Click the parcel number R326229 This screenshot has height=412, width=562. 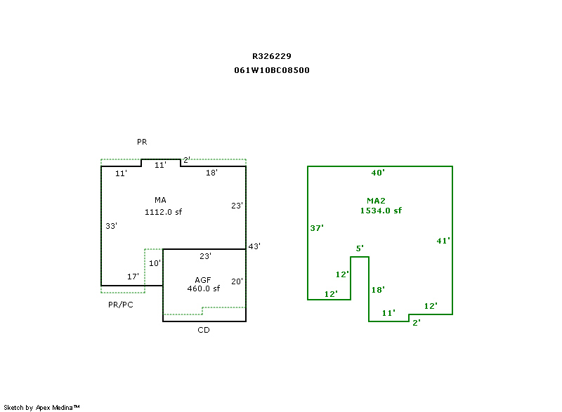tap(272, 56)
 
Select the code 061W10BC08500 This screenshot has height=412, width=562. tap(272, 70)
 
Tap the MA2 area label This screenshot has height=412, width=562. tap(376, 200)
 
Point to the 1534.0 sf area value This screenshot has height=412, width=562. tap(381, 211)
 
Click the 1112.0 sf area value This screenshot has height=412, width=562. tap(164, 211)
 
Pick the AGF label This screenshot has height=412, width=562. tap(203, 279)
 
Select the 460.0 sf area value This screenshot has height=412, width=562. tap(203, 288)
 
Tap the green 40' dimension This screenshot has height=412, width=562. tap(378, 173)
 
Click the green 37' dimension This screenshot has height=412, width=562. tap(316, 228)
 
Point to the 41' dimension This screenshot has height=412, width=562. tap(443, 241)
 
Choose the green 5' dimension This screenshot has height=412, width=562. tap(360, 248)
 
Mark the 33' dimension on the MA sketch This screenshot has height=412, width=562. tap(111, 226)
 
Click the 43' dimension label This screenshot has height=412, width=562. tap(254, 246)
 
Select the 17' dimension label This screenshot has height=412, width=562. tap(133, 277)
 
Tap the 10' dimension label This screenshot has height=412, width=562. tap(155, 263)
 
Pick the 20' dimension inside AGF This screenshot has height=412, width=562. tap(237, 281)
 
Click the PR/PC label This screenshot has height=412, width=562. tap(120, 305)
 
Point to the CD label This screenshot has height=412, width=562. tap(203, 330)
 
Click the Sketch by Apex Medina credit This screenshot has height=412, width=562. tap(41, 407)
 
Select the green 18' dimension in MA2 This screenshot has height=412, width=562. tap(378, 290)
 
